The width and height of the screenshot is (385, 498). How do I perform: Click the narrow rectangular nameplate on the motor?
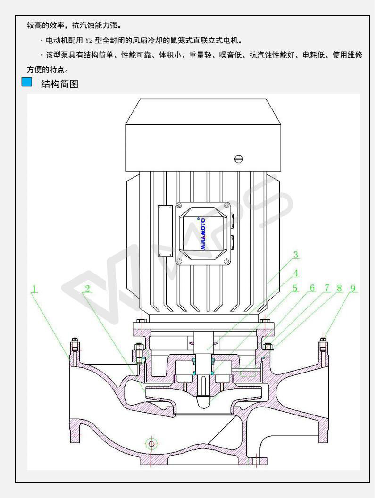(166, 231)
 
